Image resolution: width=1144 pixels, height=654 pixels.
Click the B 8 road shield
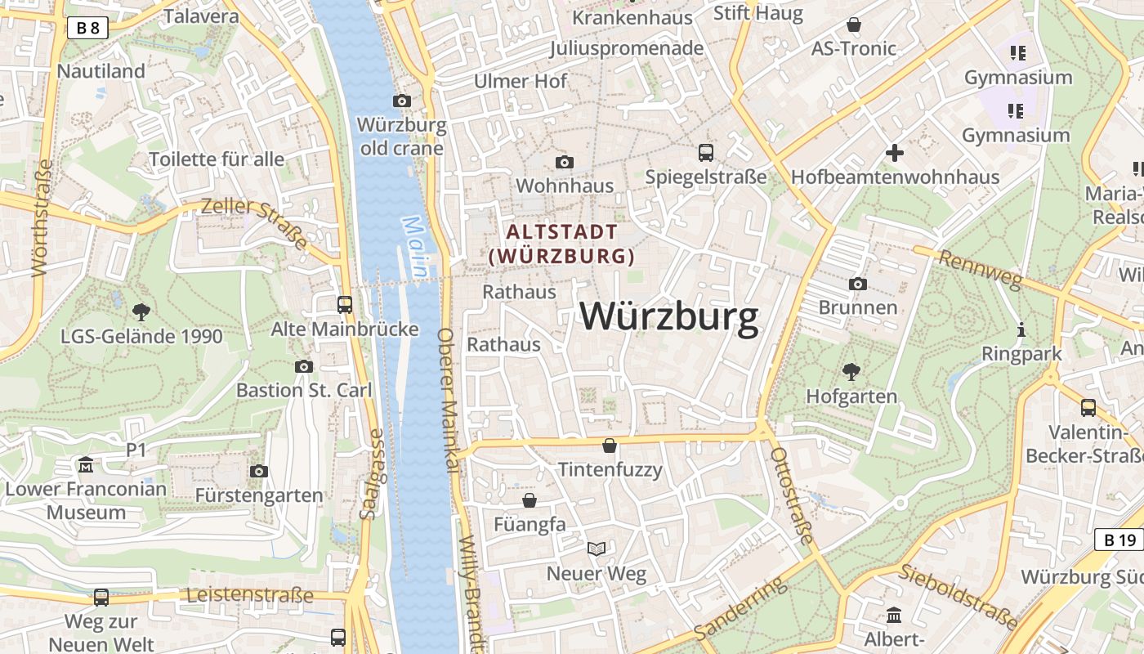(x=87, y=29)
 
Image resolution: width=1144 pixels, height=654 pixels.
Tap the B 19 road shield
(x=1119, y=540)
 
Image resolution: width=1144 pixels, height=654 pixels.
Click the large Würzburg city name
(x=669, y=317)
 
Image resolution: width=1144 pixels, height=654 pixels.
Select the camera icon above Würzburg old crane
(x=402, y=101)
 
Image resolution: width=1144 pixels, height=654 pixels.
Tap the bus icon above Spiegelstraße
(x=706, y=152)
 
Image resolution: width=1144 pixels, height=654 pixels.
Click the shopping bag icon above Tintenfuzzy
(x=610, y=446)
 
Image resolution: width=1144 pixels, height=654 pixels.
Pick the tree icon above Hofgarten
(x=851, y=372)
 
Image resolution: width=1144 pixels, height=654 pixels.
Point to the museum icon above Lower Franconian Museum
(x=86, y=466)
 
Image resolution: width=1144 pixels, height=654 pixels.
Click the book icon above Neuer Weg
(x=597, y=549)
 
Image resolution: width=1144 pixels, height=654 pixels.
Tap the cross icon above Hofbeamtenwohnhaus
(x=895, y=152)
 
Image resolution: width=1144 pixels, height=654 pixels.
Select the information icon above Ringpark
(x=1021, y=330)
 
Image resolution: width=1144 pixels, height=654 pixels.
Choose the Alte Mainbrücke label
(x=345, y=329)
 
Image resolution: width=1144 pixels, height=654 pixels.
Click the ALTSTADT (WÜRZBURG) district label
(x=562, y=244)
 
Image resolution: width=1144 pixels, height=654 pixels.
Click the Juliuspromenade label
(x=627, y=48)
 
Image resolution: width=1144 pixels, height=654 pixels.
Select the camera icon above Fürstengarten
(x=259, y=471)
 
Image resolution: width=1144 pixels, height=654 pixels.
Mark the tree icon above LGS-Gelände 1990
(x=141, y=311)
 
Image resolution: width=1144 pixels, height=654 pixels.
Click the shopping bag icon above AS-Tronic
(x=854, y=25)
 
